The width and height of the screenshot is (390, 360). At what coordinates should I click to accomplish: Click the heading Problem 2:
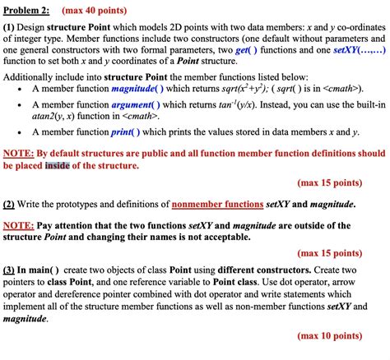click(x=28, y=11)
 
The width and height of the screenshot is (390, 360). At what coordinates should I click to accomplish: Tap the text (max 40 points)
click(x=95, y=11)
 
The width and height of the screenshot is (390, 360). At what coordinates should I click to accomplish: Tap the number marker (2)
click(x=12, y=203)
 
